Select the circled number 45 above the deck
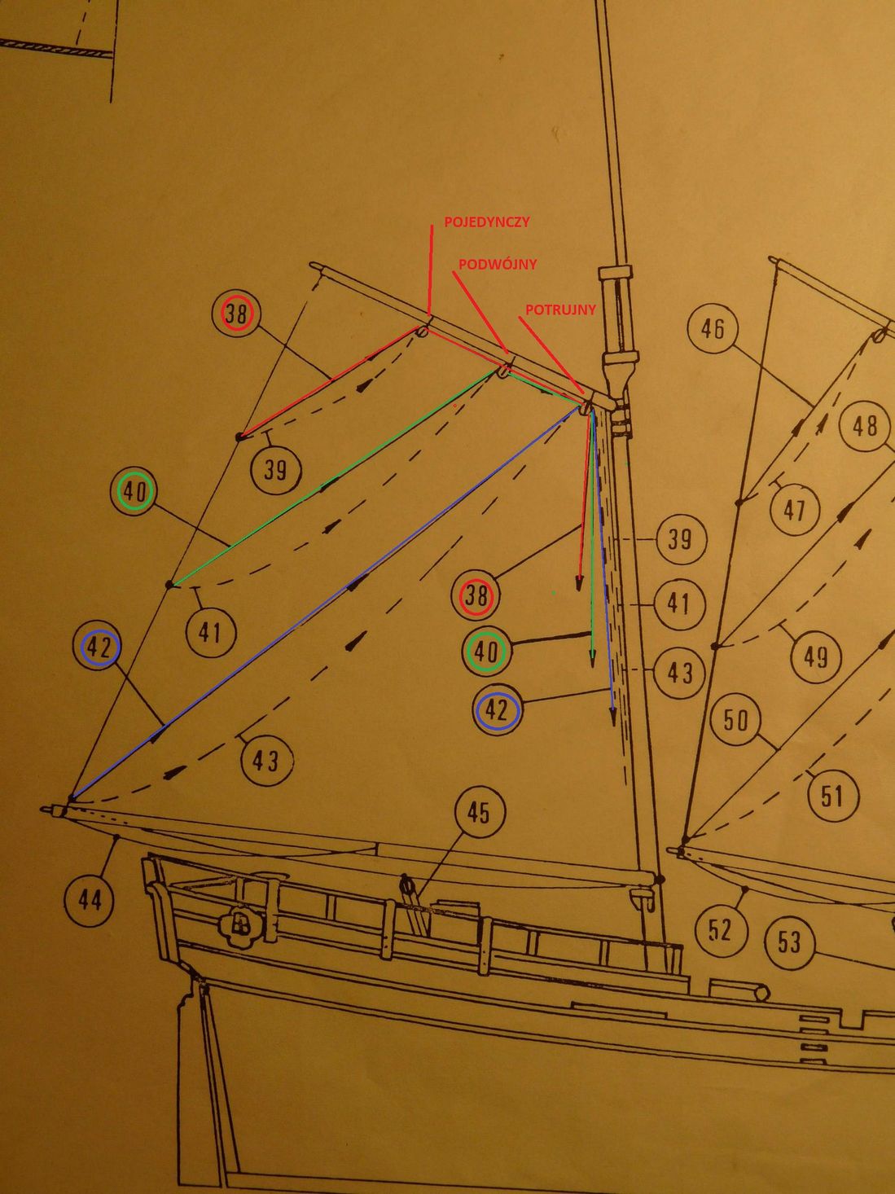[x=478, y=812]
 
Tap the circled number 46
[x=713, y=329]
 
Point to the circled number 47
[x=794, y=510]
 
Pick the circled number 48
[x=865, y=425]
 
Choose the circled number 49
[x=816, y=656]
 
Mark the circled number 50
[x=735, y=720]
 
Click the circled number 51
[x=831, y=795]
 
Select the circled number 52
[x=720, y=929]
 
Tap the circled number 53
[x=789, y=942]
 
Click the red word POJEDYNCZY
[x=487, y=222]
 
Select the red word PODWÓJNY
[x=498, y=265]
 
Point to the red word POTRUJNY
[x=560, y=309]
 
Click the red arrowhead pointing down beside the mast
[x=580, y=582]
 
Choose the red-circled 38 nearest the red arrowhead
[x=476, y=597]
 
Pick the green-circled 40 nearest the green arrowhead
[x=486, y=652]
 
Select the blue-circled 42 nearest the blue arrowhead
[x=498, y=710]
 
